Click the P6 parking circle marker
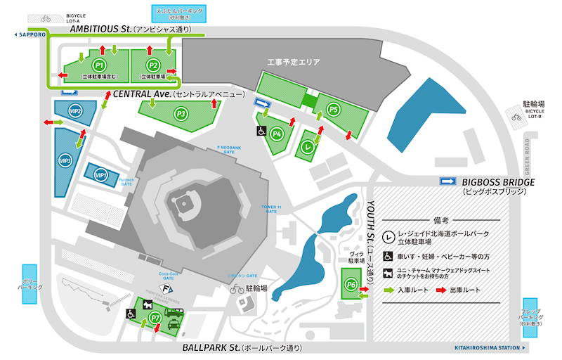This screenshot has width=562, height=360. [351, 284]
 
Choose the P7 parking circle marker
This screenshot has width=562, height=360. [157, 319]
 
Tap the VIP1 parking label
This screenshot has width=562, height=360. [100, 174]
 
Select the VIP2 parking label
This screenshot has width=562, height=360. [75, 111]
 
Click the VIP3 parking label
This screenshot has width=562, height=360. [67, 161]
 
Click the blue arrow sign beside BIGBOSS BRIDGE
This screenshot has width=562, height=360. [448, 182]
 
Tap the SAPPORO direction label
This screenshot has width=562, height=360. [30, 33]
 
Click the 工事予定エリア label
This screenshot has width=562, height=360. [293, 63]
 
